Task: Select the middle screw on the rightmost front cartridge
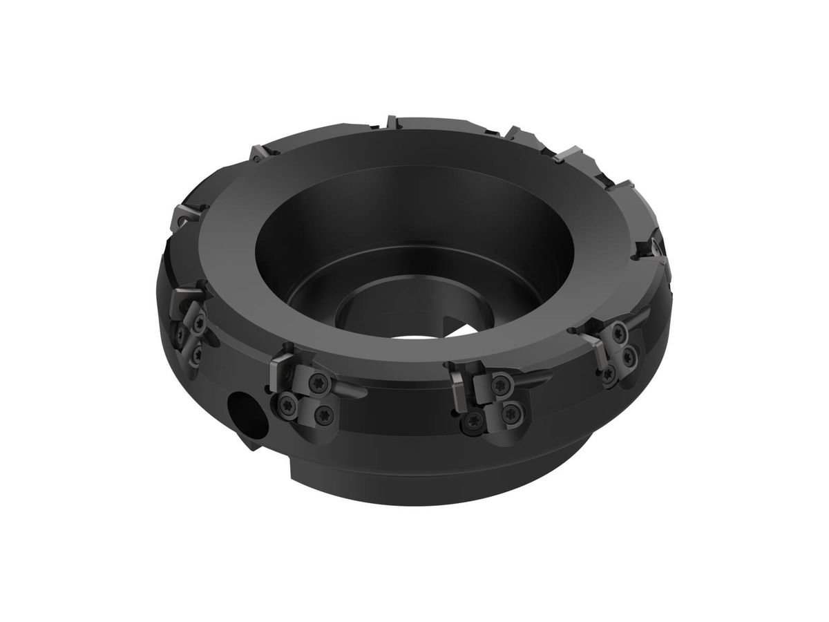pos(629,358)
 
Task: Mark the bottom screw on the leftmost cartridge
pos(198,355)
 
